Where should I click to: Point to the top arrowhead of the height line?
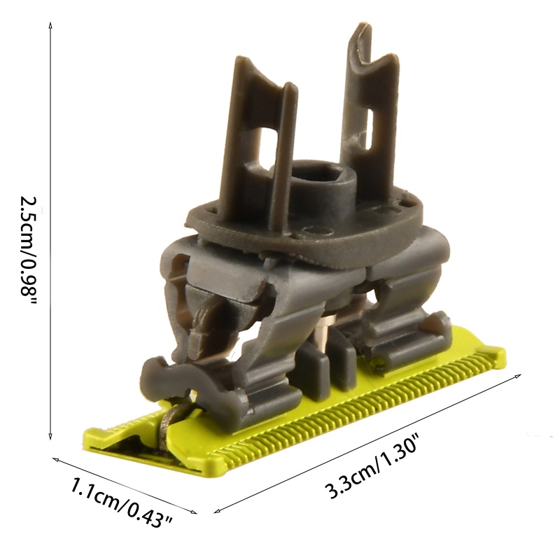(x=50, y=24)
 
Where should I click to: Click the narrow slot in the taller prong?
(x=365, y=126)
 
